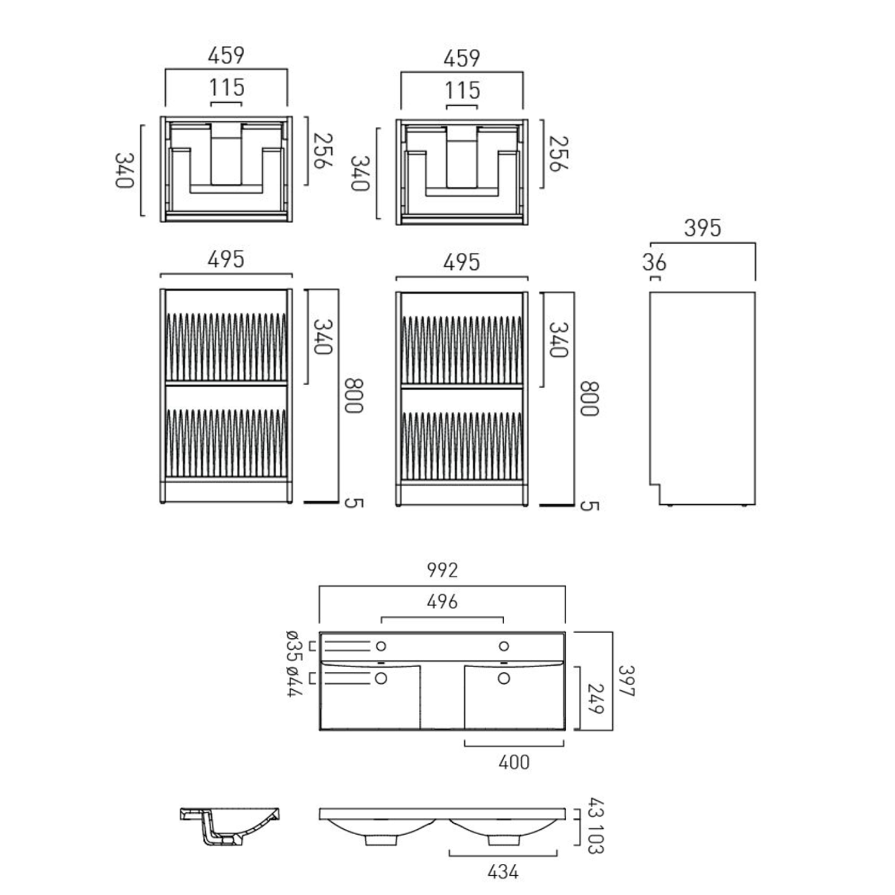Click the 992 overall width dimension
tap(442, 570)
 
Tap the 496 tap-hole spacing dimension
tap(442, 601)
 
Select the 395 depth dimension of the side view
tap(702, 228)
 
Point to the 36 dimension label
tap(654, 263)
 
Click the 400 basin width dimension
tap(514, 762)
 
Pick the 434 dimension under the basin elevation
tap(503, 872)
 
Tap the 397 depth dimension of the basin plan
tap(626, 681)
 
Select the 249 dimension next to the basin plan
tap(595, 698)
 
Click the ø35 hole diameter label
tap(294, 645)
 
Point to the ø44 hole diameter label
tap(294, 681)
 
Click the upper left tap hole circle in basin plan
tap(381, 646)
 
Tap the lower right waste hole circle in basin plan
tap(504, 678)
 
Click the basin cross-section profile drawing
tap(230, 825)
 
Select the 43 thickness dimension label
tap(595, 808)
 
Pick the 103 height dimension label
tap(595, 838)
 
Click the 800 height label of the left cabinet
tap(353, 395)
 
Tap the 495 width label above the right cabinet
tap(461, 263)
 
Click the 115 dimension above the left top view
tap(227, 88)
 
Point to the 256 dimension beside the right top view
tap(558, 153)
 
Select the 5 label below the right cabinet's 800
tap(589, 505)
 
